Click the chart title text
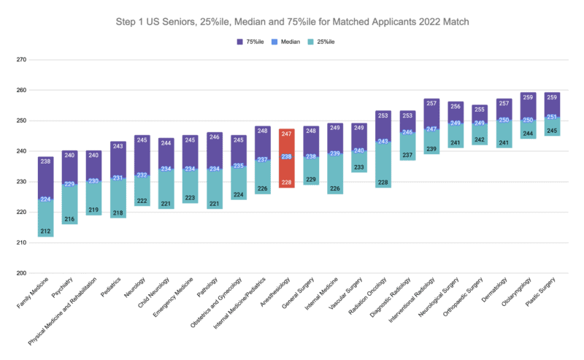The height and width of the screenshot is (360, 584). click(292, 22)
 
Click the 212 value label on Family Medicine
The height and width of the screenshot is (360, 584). click(45, 231)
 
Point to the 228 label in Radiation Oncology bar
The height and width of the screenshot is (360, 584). click(383, 183)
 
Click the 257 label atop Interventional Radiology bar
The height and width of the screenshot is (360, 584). click(431, 103)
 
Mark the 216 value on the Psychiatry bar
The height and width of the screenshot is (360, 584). click(69, 219)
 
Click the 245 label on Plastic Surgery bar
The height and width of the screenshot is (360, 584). click(551, 131)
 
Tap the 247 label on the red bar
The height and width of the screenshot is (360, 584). click(286, 134)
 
